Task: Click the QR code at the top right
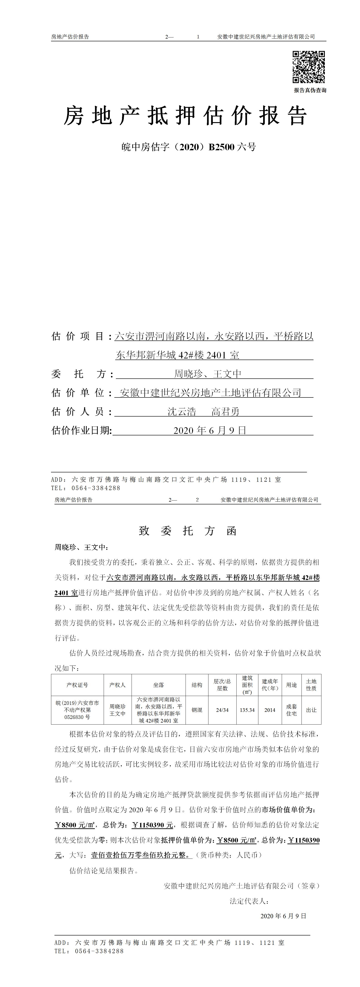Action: tap(309, 67)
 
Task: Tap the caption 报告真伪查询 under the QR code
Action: tap(310, 90)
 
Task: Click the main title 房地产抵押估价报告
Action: tap(185, 116)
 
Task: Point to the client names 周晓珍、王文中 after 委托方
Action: tap(208, 374)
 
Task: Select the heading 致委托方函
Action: tap(188, 531)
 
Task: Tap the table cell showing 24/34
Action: tap(222, 710)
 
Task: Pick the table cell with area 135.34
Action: tap(247, 710)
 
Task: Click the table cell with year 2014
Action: tap(270, 710)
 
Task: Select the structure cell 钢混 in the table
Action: tap(197, 710)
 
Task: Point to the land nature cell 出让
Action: tap(311, 710)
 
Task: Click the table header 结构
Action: tap(197, 685)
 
